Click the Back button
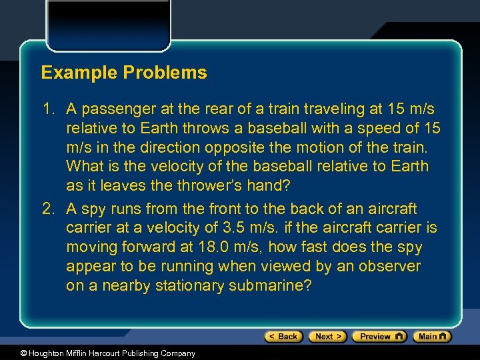point(283,337)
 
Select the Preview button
point(379,337)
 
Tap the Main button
point(432,337)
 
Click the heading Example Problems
point(124,73)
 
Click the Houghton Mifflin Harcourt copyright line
point(98,353)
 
